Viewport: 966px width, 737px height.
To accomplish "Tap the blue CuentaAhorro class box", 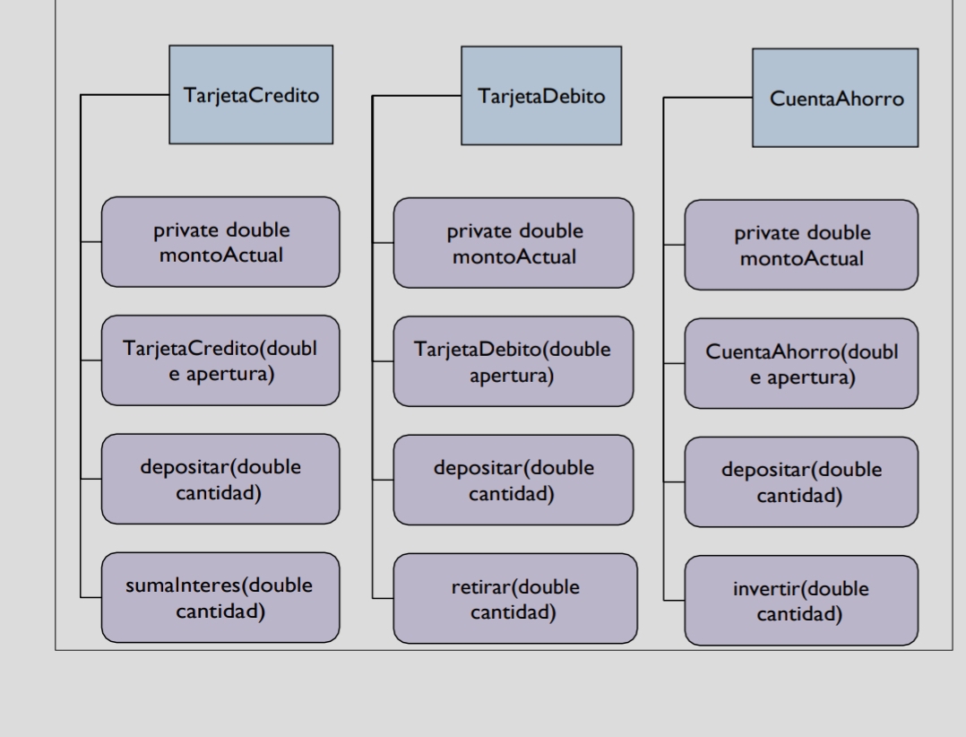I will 835,99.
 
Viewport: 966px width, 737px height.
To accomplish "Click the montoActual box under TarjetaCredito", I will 220,242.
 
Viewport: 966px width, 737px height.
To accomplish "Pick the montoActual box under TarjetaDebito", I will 513,243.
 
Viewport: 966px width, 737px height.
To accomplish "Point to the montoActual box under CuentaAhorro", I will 801,245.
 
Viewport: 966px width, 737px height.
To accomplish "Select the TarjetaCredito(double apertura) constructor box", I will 220,360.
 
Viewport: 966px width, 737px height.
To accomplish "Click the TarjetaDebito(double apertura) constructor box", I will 513,361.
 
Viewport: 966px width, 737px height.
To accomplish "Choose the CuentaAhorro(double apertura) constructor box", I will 801,363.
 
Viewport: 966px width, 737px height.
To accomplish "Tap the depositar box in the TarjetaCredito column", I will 220,479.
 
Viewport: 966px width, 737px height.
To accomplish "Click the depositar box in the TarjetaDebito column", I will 513,480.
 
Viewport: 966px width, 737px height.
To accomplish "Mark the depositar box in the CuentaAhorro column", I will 801,481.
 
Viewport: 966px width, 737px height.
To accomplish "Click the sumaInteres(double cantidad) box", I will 220,597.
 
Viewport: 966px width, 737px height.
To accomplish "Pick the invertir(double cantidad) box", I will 801,600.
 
